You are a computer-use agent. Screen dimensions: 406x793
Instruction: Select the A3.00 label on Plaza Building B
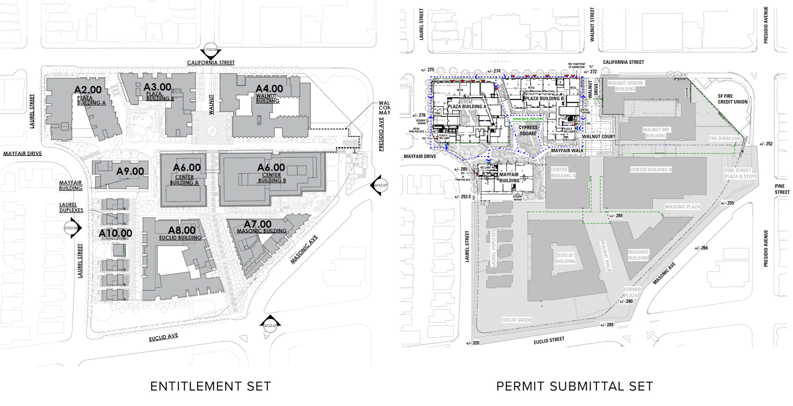click(158, 87)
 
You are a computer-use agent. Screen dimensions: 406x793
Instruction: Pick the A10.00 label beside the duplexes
click(115, 233)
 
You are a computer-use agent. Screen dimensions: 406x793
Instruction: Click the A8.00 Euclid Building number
click(182, 230)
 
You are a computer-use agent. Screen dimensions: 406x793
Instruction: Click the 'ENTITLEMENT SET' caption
click(210, 386)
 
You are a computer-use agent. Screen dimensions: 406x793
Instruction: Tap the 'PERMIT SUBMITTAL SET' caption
click(575, 386)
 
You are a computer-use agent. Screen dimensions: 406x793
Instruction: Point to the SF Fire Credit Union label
click(732, 99)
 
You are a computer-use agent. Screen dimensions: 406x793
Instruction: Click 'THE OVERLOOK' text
click(725, 139)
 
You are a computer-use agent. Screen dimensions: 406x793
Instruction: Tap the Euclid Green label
click(517, 320)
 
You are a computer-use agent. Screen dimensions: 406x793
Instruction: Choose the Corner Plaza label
click(632, 293)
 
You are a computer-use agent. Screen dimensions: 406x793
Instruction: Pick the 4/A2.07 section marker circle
click(380, 185)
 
